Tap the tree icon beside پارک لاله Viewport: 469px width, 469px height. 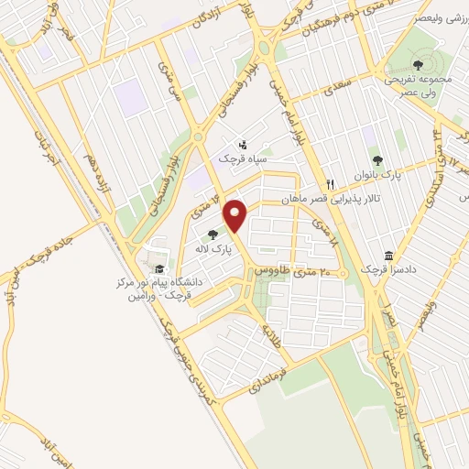[x=213, y=234]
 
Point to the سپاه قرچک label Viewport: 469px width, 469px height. [x=240, y=158]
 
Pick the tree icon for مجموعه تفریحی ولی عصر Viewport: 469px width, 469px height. [x=418, y=64]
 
